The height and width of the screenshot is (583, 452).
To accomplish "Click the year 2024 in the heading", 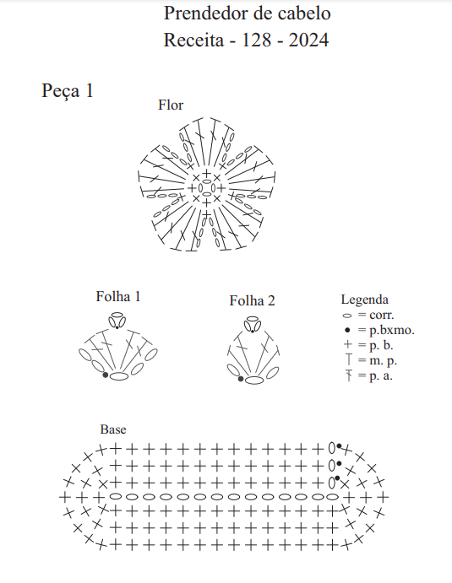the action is (308, 40).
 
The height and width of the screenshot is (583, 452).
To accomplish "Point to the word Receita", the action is (193, 40).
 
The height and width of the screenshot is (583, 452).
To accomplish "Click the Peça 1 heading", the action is (67, 91).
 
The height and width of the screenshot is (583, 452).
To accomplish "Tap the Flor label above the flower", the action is (171, 105).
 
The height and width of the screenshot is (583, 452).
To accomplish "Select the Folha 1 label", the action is (118, 296).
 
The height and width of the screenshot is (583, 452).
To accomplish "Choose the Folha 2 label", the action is (252, 300).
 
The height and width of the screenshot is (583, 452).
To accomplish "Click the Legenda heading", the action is (364, 300).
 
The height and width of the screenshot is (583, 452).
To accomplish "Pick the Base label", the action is (113, 429).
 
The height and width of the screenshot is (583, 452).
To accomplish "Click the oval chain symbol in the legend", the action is (347, 316).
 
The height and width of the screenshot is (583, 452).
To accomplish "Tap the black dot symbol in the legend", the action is (347, 330).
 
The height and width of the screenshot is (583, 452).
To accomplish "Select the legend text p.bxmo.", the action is (392, 330).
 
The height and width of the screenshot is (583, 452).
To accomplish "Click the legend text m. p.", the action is (383, 360).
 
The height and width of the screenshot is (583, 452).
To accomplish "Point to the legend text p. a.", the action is (381, 376).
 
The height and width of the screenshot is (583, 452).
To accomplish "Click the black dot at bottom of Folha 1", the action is (106, 375).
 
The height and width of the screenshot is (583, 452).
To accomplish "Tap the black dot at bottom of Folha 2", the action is (241, 379).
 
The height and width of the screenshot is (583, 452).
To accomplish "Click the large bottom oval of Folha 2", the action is (254, 380).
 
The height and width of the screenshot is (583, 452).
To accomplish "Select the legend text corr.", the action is (381, 316).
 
